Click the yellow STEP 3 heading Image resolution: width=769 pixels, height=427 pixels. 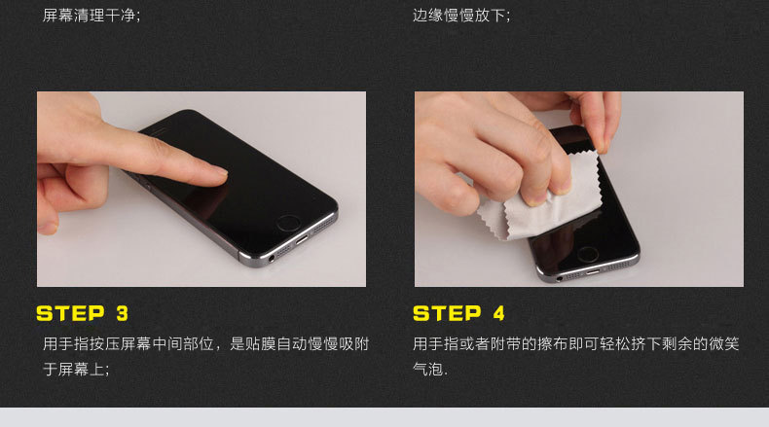point(82,313)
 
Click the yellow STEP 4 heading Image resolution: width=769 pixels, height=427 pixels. point(458,313)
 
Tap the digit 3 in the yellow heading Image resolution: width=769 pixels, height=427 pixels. point(122,313)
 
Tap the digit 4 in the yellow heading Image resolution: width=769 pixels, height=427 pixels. point(497,313)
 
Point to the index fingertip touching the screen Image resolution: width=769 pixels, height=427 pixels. point(218,175)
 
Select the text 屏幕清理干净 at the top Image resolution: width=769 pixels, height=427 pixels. point(92,16)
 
